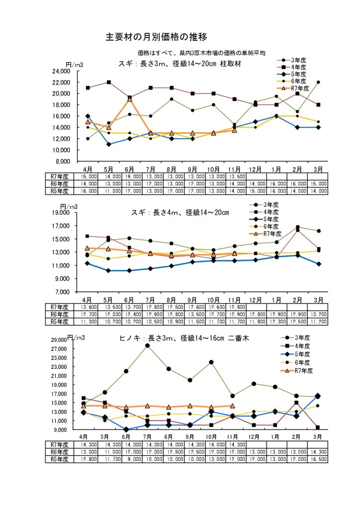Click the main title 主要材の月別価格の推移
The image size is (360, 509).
click(x=156, y=37)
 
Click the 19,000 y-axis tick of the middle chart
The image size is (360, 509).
click(x=66, y=213)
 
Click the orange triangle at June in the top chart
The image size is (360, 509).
click(x=130, y=99)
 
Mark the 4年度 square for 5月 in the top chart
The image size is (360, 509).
click(x=108, y=83)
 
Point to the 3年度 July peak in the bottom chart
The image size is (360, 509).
click(x=148, y=345)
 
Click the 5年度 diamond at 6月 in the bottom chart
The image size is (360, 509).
click(x=126, y=429)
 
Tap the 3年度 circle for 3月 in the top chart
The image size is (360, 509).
click(x=318, y=83)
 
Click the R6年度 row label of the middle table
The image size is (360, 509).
click(x=59, y=314)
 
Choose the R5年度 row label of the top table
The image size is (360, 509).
click(x=59, y=190)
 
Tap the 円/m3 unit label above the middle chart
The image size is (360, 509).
click(x=69, y=206)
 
